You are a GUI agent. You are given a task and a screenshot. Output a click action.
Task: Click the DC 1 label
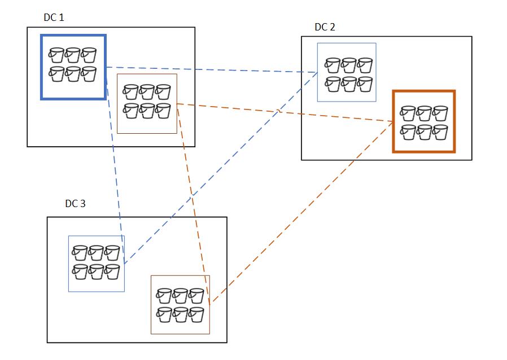click(54, 17)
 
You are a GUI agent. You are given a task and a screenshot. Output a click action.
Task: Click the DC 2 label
click(325, 27)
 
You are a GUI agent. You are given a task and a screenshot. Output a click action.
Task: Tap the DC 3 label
click(75, 204)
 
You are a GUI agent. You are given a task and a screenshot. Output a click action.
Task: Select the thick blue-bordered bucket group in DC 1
click(73, 67)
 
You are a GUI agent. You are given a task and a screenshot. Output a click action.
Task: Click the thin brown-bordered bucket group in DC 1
click(147, 103)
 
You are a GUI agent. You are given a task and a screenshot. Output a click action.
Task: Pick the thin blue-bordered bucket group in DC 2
click(347, 72)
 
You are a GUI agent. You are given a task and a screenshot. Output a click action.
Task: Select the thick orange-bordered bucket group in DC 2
click(423, 121)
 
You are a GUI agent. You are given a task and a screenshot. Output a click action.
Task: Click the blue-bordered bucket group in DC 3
click(97, 264)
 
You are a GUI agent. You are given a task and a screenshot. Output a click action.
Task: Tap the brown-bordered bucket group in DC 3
click(180, 304)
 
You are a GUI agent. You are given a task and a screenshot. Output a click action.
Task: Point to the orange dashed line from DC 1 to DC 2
click(282, 112)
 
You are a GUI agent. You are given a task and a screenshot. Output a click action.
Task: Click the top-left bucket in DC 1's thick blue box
click(56, 55)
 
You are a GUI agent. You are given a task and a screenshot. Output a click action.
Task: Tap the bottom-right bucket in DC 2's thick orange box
click(440, 131)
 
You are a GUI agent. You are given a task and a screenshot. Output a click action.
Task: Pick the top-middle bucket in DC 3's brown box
click(180, 296)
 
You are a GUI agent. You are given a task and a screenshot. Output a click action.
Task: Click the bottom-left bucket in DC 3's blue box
click(80, 271)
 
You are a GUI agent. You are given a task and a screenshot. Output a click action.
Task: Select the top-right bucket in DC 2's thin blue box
click(365, 65)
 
